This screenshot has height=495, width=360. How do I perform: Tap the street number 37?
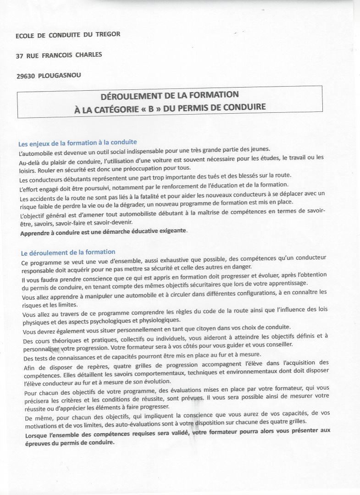pos(20,56)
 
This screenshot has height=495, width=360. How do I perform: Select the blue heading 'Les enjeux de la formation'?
pos(77,143)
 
